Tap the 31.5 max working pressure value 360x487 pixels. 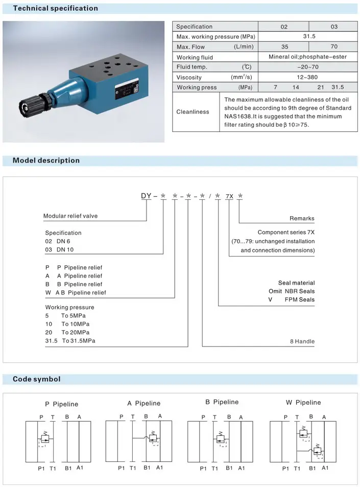(309, 37)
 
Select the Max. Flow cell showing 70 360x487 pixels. (334, 47)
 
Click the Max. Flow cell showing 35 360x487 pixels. (284, 47)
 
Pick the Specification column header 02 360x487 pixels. (284, 27)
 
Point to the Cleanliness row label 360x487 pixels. (193, 112)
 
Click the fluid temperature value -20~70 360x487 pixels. (308, 67)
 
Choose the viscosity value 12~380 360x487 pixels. (308, 77)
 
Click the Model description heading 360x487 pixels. (46, 160)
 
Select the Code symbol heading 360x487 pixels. (36, 379)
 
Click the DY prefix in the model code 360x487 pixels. (147, 196)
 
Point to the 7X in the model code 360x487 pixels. (229, 196)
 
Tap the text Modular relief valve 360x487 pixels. (70, 216)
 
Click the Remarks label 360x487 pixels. (302, 219)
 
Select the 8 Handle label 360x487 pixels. (302, 341)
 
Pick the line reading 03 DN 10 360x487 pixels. (63, 249)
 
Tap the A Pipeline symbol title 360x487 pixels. (143, 403)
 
